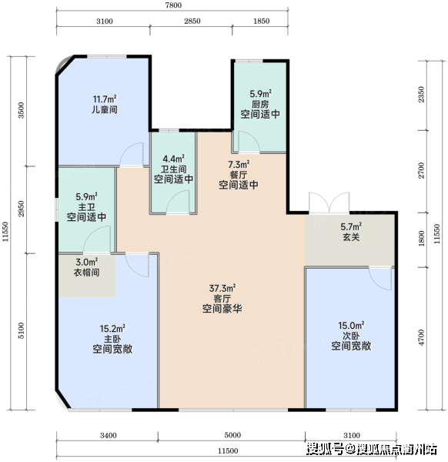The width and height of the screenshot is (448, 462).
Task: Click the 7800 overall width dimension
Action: coord(173,5)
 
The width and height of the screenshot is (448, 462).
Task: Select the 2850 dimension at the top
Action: coord(192,22)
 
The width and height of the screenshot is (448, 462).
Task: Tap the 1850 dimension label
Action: coord(261,22)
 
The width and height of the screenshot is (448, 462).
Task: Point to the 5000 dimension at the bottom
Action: coord(232,435)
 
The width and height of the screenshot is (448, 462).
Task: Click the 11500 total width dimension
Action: coord(228,450)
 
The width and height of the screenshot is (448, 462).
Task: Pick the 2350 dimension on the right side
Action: coord(422,94)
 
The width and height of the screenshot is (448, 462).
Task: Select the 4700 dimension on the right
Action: coord(422,338)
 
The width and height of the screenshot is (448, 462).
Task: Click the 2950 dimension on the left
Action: coord(21,209)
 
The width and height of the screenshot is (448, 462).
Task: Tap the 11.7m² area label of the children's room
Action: coord(105,99)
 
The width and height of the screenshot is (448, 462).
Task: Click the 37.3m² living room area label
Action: coord(222,288)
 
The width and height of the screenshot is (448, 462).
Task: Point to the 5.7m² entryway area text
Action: coord(351,226)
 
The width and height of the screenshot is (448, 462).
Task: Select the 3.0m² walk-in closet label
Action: coord(86,262)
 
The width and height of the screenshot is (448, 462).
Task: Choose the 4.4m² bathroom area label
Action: coord(173,159)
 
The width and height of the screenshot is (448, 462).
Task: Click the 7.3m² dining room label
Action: coord(239,164)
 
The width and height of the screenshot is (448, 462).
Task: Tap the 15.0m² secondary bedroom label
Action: coord(351,325)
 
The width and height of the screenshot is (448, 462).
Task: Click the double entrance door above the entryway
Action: coord(329,203)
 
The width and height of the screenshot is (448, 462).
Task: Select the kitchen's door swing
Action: coord(249,142)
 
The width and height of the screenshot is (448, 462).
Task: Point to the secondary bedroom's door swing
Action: coord(380,279)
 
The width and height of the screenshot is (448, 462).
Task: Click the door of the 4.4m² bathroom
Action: coord(178,202)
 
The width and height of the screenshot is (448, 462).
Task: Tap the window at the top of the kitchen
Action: coord(249,61)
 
